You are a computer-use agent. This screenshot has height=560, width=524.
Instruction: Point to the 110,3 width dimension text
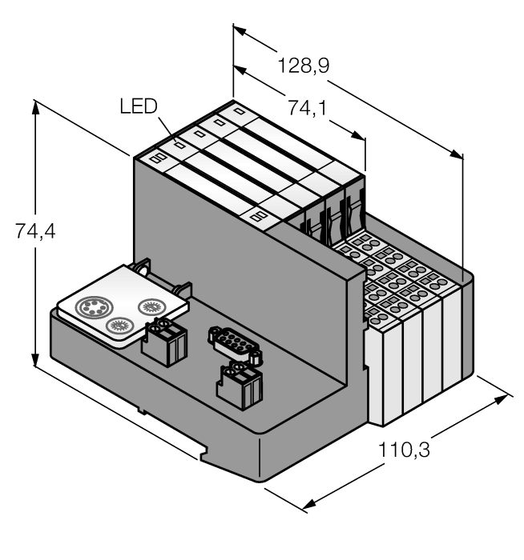pyautogui.click(x=405, y=450)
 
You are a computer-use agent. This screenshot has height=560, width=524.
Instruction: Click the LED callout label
pyautogui.click(x=139, y=106)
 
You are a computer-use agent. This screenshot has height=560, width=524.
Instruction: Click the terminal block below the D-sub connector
pyautogui.click(x=239, y=386)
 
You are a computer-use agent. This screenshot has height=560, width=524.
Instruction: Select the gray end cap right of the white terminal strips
pyautogui.click(x=466, y=328)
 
